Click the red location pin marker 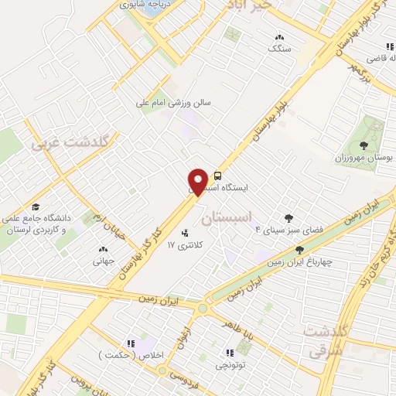198,181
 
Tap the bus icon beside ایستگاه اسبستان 217,175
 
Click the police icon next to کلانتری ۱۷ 184,233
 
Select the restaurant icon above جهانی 103,249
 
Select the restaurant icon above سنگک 278,36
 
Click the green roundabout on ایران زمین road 203,308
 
